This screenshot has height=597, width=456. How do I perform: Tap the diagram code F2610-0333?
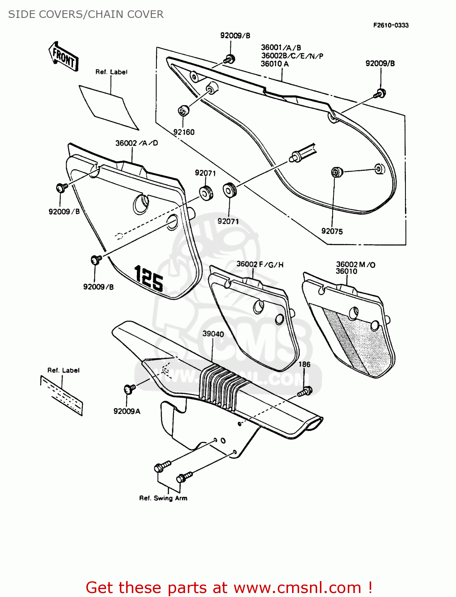(391, 25)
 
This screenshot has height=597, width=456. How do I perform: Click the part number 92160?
(184, 132)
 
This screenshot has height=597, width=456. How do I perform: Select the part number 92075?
(332, 231)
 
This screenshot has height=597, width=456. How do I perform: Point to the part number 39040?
(213, 334)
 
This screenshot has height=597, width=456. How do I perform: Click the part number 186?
(304, 364)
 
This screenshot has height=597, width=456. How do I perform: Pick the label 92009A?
(127, 411)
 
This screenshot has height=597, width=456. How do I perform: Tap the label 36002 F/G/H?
(260, 264)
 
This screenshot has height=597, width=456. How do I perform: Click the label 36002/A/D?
(136, 143)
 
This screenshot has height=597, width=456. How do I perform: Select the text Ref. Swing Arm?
(163, 498)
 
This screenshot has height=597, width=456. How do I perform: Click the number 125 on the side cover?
(149, 278)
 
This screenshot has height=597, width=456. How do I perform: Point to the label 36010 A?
(275, 64)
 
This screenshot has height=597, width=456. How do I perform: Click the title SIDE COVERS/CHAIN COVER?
(86, 14)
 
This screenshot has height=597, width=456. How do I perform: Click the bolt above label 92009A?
(130, 388)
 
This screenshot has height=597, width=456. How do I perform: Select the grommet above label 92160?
(183, 111)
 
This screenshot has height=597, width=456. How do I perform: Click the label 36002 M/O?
(355, 264)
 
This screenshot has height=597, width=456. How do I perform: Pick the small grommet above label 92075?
(337, 172)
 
